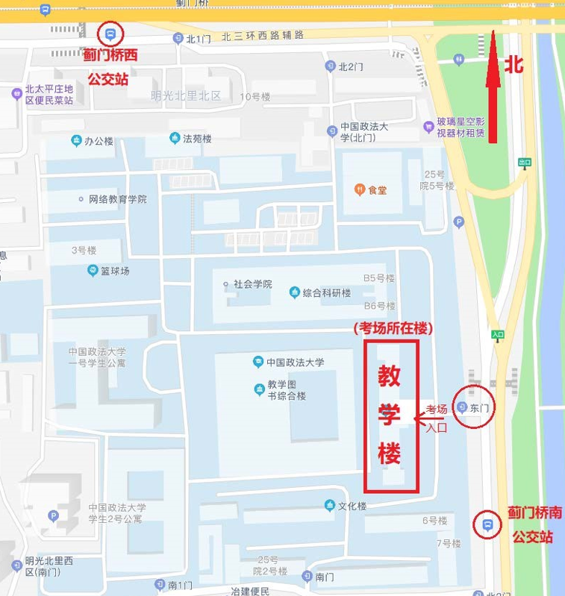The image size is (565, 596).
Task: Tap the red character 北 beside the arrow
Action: [x=514, y=64]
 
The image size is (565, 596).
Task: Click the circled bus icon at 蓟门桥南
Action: [x=487, y=524]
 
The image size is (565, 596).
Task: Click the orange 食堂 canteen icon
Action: [x=360, y=189]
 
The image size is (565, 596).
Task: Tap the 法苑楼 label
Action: [x=197, y=139]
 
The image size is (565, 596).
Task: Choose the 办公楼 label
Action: [x=98, y=141]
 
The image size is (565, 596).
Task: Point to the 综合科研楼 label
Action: [x=326, y=292]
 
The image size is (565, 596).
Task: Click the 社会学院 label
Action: [x=252, y=284]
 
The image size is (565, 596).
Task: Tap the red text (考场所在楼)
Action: [x=393, y=328]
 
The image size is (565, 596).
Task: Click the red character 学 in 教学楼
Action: [x=390, y=415]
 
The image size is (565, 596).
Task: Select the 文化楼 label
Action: [x=352, y=506]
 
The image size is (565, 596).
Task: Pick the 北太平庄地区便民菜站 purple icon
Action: [x=16, y=94]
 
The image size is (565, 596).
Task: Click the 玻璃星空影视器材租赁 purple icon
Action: [x=428, y=127]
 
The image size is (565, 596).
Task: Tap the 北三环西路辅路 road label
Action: [x=263, y=37]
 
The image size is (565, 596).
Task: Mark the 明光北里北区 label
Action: [x=186, y=95]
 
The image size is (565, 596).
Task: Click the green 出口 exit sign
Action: [x=525, y=162]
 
